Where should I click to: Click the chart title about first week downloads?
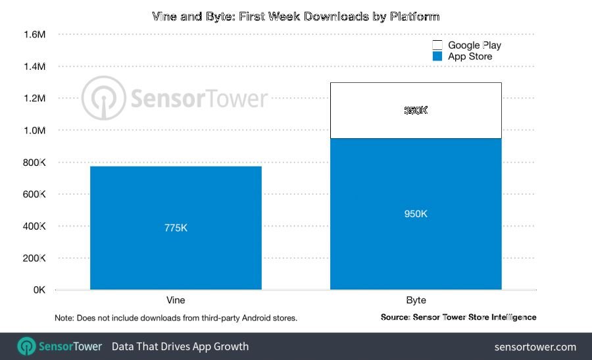pyautogui.click(x=296, y=16)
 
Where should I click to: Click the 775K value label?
pyautogui.click(x=176, y=228)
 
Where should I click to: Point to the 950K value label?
pyautogui.click(x=416, y=214)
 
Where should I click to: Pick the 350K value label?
pyautogui.click(x=416, y=111)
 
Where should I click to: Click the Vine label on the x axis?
pyautogui.click(x=176, y=300)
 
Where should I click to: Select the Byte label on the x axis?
pyautogui.click(x=416, y=300)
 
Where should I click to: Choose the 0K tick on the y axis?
pyautogui.click(x=37, y=290)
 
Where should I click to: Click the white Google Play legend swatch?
pyautogui.click(x=437, y=45)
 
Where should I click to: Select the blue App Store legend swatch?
pyautogui.click(x=437, y=57)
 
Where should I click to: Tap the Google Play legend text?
pyautogui.click(x=474, y=45)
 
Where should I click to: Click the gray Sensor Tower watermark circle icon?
pyautogui.click(x=103, y=98)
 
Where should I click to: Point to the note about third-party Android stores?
pyautogui.click(x=176, y=318)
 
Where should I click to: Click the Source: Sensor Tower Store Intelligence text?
pyautogui.click(x=458, y=317)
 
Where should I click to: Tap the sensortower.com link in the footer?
pyautogui.click(x=535, y=346)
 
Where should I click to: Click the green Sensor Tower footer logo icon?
pyautogui.click(x=26, y=346)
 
